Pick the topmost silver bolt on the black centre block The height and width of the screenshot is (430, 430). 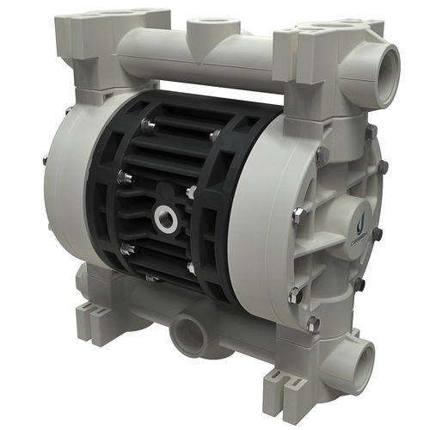tap(147, 126)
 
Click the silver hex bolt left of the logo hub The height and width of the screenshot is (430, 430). tap(298, 216)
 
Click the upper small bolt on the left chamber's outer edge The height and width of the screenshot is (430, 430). tap(43, 158)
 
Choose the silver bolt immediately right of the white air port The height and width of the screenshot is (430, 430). tap(191, 192)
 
